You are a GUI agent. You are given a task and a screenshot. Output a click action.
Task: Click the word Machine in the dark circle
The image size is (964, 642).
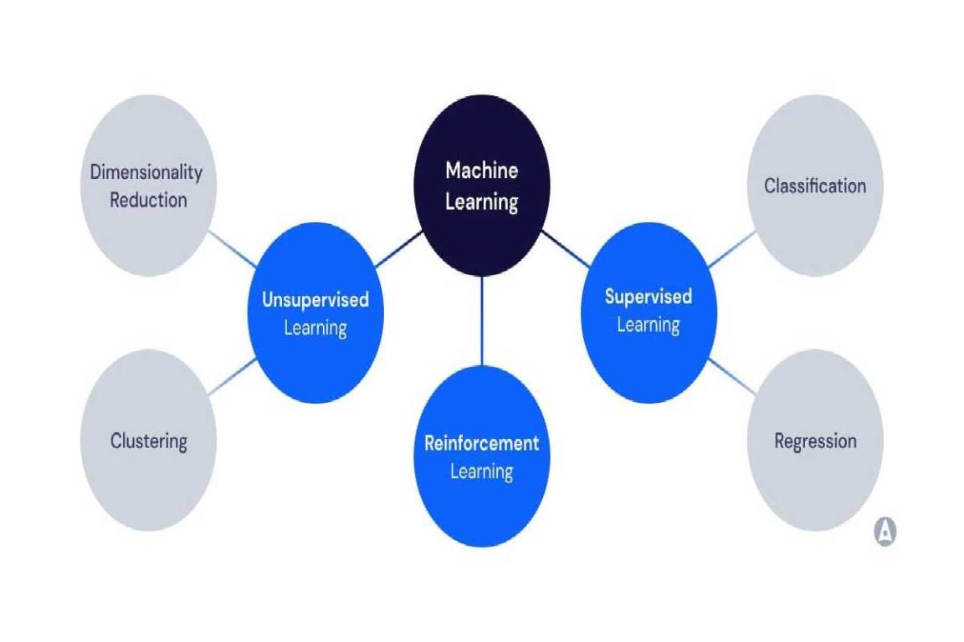pyautogui.click(x=481, y=171)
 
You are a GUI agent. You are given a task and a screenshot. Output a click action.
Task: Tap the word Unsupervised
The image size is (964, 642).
pyautogui.click(x=315, y=299)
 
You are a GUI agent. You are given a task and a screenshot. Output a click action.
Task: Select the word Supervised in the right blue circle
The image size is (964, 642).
pyautogui.click(x=649, y=296)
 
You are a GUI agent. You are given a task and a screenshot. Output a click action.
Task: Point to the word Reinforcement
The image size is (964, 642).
pyautogui.click(x=481, y=442)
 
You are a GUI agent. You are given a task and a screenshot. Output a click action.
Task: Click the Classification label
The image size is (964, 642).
pyautogui.click(x=814, y=186)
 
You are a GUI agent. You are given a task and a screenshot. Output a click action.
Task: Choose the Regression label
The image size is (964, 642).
pyautogui.click(x=815, y=441)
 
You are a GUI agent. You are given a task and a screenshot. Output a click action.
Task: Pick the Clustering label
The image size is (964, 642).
pyautogui.click(x=148, y=441)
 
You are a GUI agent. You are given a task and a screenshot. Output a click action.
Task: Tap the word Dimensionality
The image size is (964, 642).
pyautogui.click(x=146, y=172)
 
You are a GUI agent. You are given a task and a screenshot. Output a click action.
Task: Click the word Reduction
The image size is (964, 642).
pyautogui.click(x=148, y=200)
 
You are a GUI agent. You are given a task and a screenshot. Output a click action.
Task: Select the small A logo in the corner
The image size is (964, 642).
pyautogui.click(x=885, y=532)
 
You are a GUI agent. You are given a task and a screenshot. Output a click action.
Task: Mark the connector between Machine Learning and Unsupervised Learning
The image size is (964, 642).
pyautogui.click(x=399, y=250)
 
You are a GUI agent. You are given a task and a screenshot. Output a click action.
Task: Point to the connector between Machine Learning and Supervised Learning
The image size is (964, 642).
pyautogui.click(x=565, y=250)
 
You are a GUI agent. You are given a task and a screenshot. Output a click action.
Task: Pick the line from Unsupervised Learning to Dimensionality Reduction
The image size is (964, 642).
pyautogui.click(x=233, y=249)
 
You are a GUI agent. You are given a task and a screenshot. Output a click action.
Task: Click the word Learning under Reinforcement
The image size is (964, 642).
pyautogui.click(x=481, y=471)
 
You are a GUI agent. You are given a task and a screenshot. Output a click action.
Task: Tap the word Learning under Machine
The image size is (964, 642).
pyautogui.click(x=481, y=201)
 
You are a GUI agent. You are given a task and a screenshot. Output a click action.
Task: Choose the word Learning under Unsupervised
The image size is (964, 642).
pyautogui.click(x=315, y=328)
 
